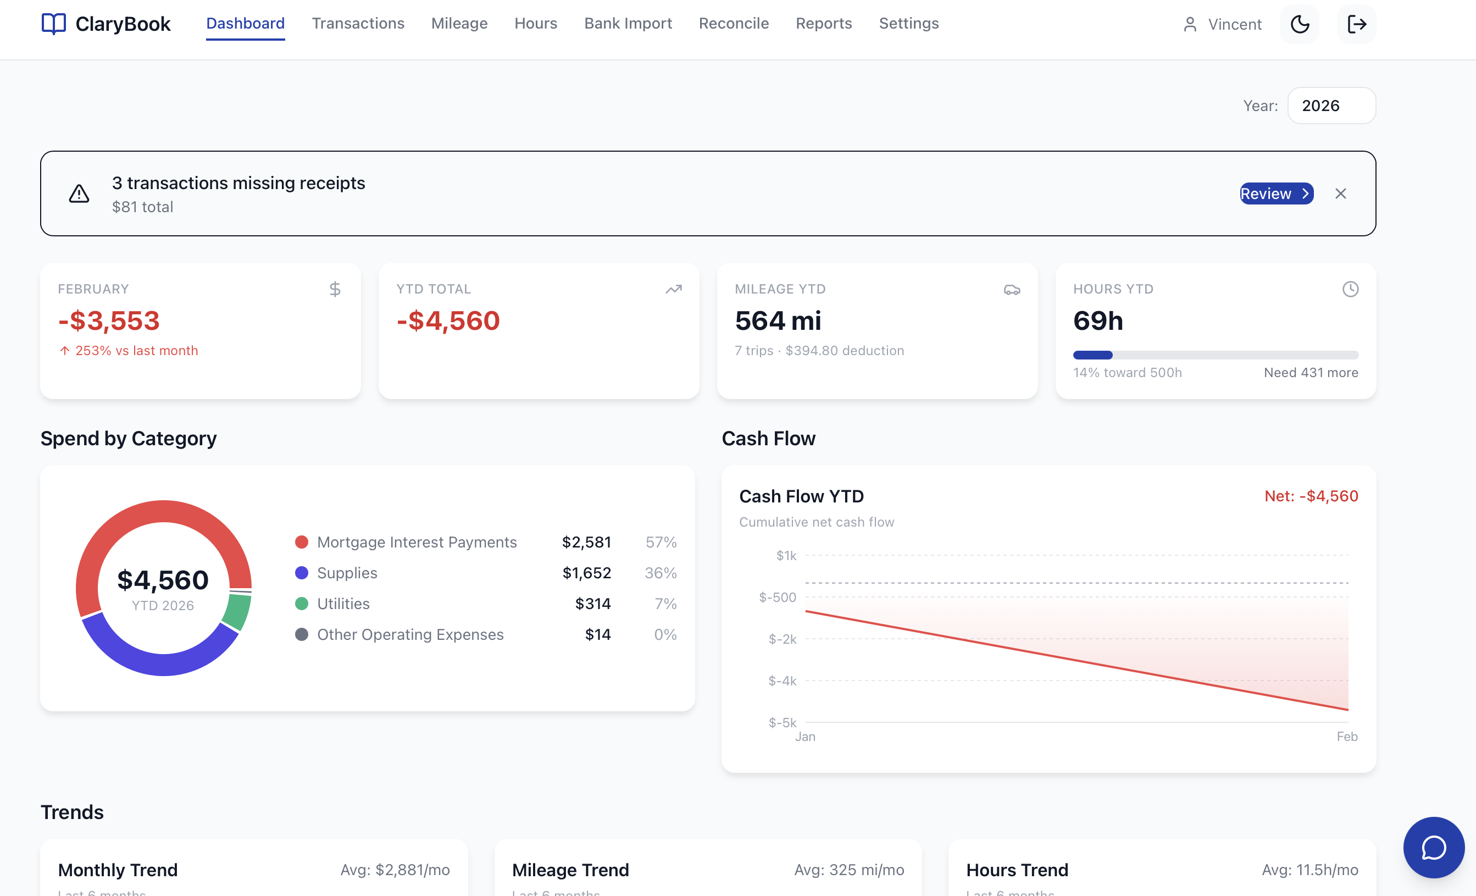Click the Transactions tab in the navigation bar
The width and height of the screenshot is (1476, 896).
point(358,24)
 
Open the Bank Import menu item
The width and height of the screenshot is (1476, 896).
point(628,24)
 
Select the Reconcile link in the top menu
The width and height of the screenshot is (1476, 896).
point(733,24)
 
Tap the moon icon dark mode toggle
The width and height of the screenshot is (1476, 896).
point(1299,25)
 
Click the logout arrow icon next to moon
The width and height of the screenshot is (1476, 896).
point(1356,25)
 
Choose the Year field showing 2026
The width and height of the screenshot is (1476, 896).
point(1331,106)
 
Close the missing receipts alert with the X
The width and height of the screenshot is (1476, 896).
point(1340,193)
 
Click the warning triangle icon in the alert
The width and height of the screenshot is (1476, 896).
point(79,193)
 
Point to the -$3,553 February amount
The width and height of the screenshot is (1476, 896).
point(109,320)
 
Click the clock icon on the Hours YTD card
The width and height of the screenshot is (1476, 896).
point(1350,290)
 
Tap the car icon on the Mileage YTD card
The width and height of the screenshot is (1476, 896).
point(1012,290)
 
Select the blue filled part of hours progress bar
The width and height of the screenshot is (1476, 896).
point(1092,355)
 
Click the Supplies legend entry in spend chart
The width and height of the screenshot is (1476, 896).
point(347,573)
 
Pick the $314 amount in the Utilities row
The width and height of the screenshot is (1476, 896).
point(592,604)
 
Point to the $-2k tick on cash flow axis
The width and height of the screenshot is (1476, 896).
point(783,639)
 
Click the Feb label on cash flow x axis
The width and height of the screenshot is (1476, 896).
point(1347,737)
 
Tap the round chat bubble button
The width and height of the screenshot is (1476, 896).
point(1434,848)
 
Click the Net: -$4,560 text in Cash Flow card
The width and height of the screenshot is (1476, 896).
point(1311,496)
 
